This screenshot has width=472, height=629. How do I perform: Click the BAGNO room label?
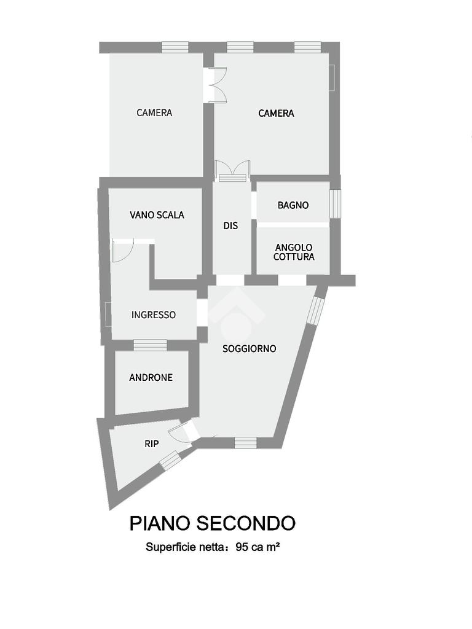click(x=293, y=205)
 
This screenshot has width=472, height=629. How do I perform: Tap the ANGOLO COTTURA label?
click(x=294, y=252)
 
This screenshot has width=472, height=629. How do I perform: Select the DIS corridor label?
click(x=230, y=225)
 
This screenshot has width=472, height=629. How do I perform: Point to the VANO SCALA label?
click(x=157, y=215)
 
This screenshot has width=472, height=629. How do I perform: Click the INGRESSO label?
click(x=154, y=314)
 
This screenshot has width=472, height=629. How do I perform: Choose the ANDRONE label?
click(x=151, y=377)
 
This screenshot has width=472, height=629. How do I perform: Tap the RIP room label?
click(x=151, y=443)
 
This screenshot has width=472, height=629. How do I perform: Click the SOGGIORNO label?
click(x=250, y=348)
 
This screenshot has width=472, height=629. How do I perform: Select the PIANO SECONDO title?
click(x=212, y=523)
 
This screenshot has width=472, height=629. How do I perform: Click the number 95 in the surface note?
click(x=242, y=546)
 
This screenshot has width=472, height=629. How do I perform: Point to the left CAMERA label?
click(x=154, y=112)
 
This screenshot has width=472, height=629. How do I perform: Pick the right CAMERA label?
click(x=276, y=113)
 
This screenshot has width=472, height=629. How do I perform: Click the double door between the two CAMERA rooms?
click(x=215, y=85)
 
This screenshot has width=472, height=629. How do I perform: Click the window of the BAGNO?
click(x=335, y=203)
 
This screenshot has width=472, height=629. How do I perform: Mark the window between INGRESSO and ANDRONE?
click(x=150, y=345)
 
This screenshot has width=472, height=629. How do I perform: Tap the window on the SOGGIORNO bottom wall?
click(x=245, y=442)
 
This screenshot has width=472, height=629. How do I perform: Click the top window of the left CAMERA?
click(x=175, y=47)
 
